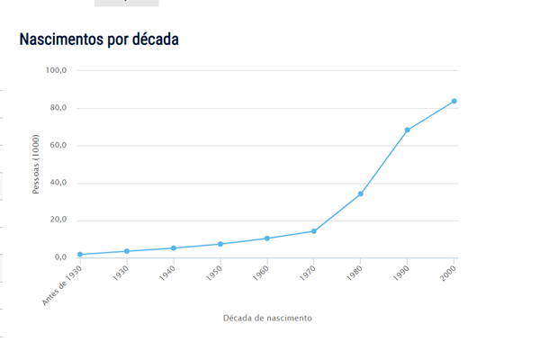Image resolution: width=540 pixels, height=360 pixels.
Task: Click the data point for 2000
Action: point(454,101)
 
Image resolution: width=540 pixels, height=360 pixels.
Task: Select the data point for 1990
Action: point(408,130)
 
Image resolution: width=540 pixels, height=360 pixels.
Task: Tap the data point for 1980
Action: point(361,193)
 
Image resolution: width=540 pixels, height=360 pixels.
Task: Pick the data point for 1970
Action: point(314,231)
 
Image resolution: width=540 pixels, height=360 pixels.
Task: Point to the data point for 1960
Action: point(267,238)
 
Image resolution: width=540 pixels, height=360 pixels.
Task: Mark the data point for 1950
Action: point(220,244)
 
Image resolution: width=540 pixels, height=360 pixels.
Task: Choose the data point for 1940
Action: point(174,248)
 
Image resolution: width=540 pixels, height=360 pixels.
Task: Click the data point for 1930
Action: point(127,251)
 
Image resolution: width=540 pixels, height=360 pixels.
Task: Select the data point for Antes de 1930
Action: point(80,255)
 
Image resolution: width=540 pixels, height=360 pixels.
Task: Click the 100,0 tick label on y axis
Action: point(57,70)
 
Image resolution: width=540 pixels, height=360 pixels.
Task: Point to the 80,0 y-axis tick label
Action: point(58,108)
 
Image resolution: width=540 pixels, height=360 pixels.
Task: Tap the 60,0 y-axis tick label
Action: point(58,146)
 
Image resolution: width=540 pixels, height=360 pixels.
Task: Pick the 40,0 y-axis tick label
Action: point(58,183)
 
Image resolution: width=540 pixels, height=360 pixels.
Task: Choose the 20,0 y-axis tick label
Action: point(58,220)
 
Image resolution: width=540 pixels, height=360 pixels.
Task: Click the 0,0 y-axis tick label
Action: point(60,257)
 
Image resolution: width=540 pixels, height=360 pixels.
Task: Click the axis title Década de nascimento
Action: point(267,318)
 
